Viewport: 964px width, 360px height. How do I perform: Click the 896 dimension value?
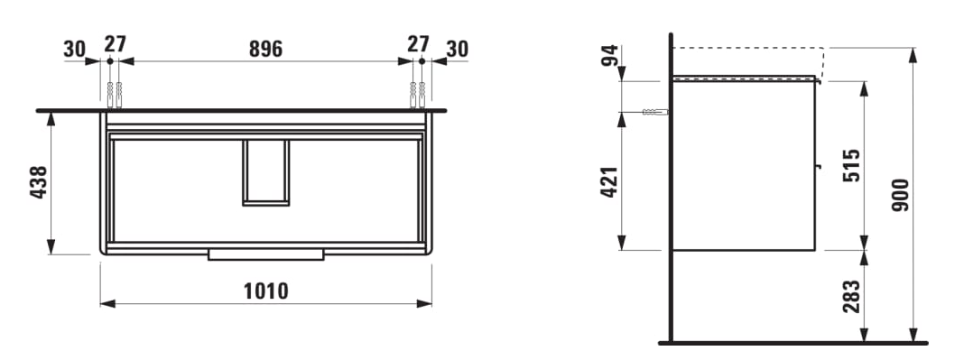point(265,49)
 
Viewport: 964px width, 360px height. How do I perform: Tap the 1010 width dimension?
point(265,291)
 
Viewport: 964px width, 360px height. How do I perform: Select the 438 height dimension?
point(39,182)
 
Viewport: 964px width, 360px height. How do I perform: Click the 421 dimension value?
point(608,181)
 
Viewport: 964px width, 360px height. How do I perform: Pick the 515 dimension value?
point(851,165)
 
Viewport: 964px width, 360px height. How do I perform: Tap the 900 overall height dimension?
point(900,196)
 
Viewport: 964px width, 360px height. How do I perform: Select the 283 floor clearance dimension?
point(851,296)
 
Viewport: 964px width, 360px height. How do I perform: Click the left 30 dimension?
point(74,49)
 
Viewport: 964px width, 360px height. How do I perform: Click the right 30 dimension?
point(457,49)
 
